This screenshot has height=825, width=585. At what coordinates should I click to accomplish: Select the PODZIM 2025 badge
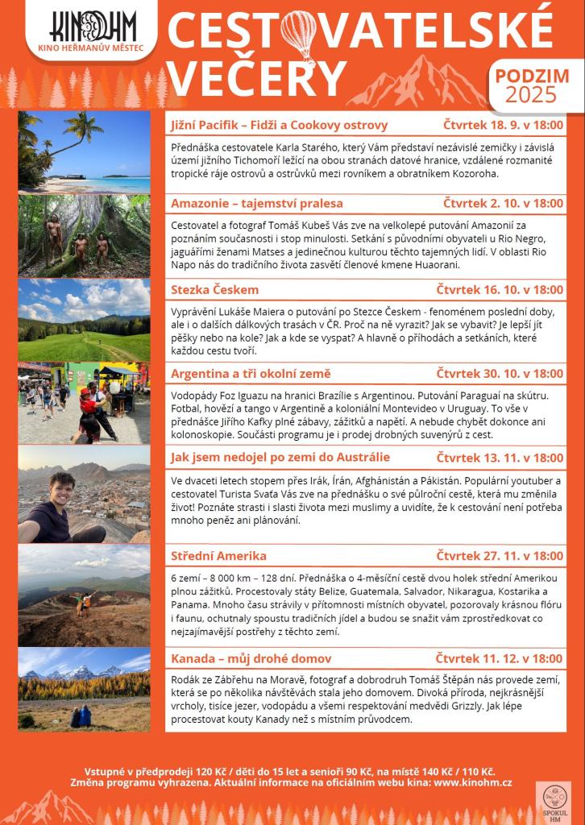(533, 85)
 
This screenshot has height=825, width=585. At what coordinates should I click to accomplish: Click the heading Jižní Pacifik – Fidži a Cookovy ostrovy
(280, 125)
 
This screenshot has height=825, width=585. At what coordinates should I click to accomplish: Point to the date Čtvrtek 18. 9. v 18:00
(503, 125)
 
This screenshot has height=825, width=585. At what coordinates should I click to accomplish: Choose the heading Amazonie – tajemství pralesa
(257, 203)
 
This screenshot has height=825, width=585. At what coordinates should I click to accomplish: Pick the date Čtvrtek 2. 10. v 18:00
(503, 203)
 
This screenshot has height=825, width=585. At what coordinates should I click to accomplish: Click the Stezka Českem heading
(215, 289)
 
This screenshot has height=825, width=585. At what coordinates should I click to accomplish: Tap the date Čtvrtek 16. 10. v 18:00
(500, 289)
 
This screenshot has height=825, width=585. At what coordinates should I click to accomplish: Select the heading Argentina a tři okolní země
(251, 374)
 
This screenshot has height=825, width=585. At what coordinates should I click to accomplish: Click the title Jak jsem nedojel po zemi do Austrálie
(280, 458)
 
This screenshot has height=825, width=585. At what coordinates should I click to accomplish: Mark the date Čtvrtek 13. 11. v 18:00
(500, 458)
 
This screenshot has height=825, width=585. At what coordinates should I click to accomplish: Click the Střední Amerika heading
(222, 555)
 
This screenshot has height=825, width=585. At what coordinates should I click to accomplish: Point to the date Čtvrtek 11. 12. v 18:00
(500, 658)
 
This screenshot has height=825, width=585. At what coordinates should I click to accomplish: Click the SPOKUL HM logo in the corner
(554, 802)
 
